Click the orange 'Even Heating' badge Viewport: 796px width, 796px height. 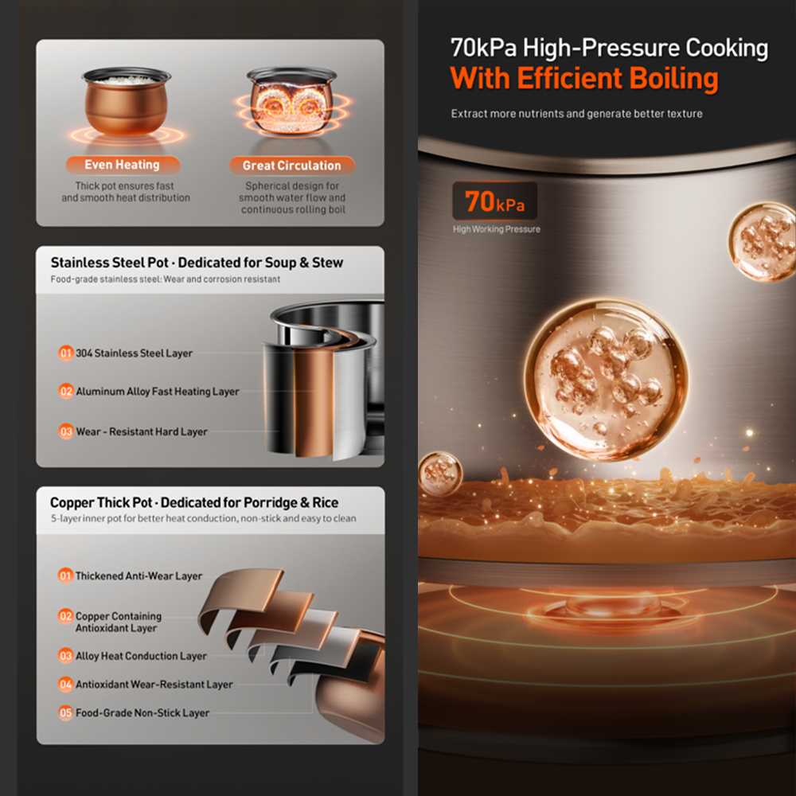[x=122, y=165]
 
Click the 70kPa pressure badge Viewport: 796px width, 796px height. [x=494, y=201]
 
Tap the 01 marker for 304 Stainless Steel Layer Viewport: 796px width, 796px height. [x=65, y=353]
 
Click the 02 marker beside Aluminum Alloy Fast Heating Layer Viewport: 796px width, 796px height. [x=66, y=392]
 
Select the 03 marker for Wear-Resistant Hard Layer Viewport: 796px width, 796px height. [x=66, y=431]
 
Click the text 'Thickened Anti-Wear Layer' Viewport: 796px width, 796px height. [x=139, y=576]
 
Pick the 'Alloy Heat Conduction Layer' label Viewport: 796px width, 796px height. [x=141, y=656]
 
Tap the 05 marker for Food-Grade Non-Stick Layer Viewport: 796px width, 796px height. [x=65, y=713]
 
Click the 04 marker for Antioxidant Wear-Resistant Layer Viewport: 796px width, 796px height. [x=65, y=685]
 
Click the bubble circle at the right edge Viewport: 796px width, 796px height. [x=763, y=240]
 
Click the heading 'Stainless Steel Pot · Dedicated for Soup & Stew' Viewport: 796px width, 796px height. [x=197, y=263]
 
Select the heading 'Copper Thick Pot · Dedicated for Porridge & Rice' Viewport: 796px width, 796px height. [x=194, y=503]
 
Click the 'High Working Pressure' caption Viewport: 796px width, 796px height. [x=497, y=229]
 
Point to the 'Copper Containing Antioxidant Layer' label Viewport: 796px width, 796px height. [x=118, y=622]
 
